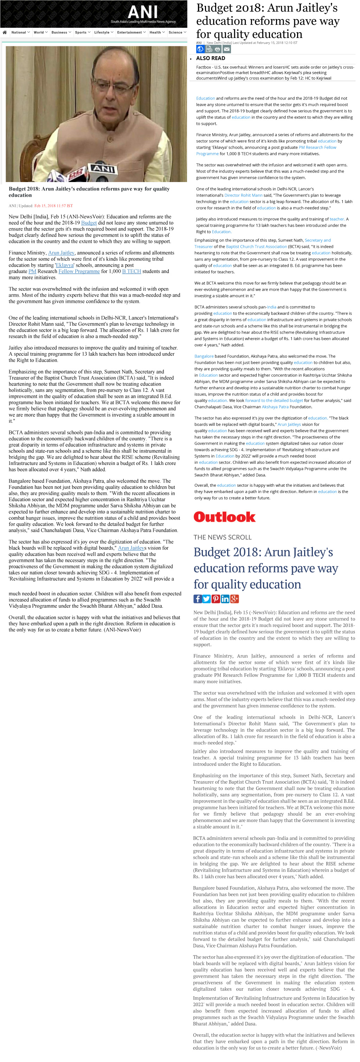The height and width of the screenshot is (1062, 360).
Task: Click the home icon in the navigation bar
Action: [x=5, y=32]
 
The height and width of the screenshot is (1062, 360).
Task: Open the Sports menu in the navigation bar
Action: [x=81, y=32]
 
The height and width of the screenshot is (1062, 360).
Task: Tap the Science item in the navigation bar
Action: [x=176, y=32]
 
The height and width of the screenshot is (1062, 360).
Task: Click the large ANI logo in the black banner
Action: [x=143, y=12]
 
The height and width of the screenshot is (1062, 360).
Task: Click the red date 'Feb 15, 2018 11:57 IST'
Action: [x=53, y=206]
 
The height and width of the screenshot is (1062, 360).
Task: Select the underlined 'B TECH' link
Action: [x=131, y=271]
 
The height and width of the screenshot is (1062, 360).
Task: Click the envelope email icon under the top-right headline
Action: [x=227, y=50]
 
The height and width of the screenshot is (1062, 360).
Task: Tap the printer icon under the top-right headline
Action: [x=218, y=50]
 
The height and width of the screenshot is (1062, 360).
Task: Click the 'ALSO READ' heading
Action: [x=210, y=58]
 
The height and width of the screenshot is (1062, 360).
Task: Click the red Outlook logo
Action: [x=224, y=517]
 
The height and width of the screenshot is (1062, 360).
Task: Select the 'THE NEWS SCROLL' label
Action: [x=222, y=537]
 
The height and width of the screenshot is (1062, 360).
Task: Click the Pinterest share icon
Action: [x=216, y=599]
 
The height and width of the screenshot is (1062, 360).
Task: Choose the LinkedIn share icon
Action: [x=225, y=599]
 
